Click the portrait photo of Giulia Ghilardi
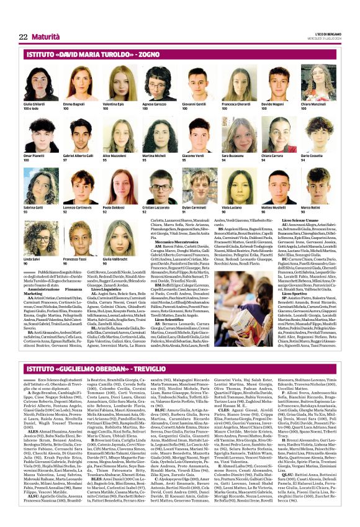coord(37,83)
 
